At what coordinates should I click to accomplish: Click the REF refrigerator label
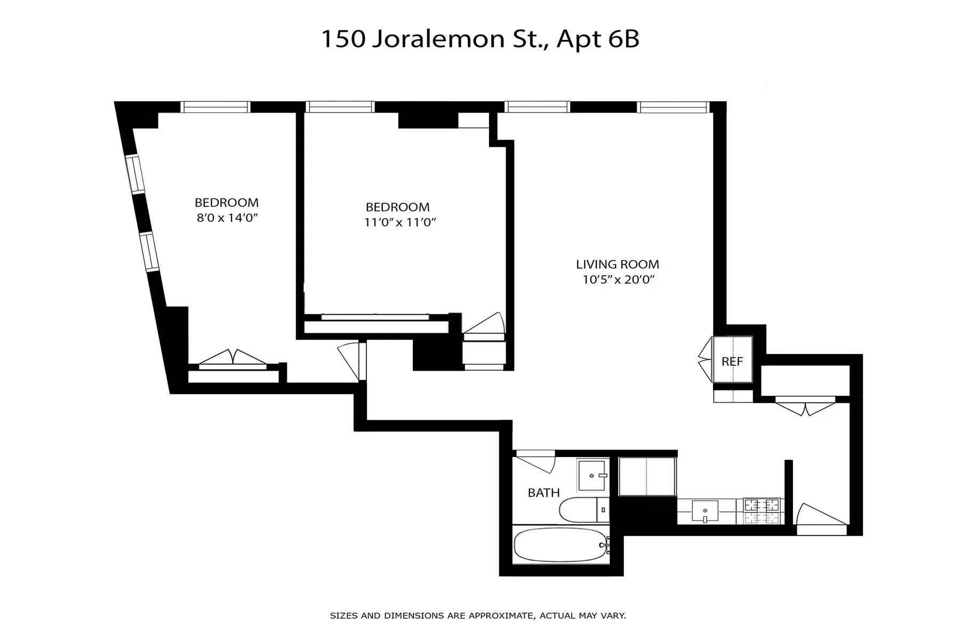pos(732,362)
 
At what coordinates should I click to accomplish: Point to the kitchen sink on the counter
pos(705,511)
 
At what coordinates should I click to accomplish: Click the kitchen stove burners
pos(762,510)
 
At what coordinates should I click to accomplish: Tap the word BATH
pos(543,493)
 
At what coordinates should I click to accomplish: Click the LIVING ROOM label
pos(617,265)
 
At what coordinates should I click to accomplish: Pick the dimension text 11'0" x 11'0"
pos(400,222)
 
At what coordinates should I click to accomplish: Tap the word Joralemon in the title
pos(438,39)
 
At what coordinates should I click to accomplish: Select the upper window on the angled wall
pos(135,174)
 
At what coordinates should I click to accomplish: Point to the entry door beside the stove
pos(820,517)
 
